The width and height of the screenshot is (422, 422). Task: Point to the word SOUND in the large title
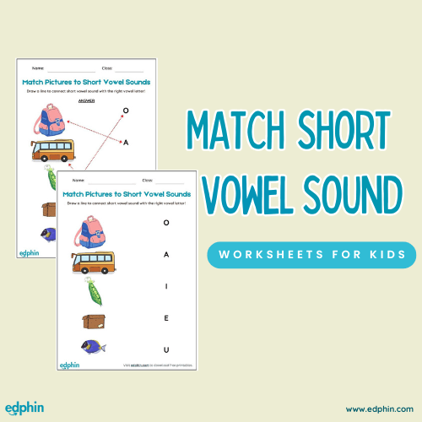357,197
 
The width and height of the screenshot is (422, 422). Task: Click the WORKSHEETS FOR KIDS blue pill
311,254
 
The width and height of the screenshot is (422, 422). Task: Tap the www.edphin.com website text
378,408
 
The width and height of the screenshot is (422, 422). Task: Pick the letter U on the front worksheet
166,349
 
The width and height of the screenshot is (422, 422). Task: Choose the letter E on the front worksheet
166,319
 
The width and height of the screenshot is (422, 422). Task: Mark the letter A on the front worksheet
166,254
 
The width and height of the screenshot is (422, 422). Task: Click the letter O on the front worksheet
166,223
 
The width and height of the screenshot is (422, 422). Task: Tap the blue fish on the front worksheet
92,346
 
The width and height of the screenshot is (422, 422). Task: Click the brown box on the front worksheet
93,320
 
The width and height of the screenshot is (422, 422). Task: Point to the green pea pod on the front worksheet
92,289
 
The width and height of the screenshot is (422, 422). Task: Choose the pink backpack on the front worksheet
91,230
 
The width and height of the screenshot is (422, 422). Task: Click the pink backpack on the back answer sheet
51,122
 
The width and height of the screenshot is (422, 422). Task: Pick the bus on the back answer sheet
51,151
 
